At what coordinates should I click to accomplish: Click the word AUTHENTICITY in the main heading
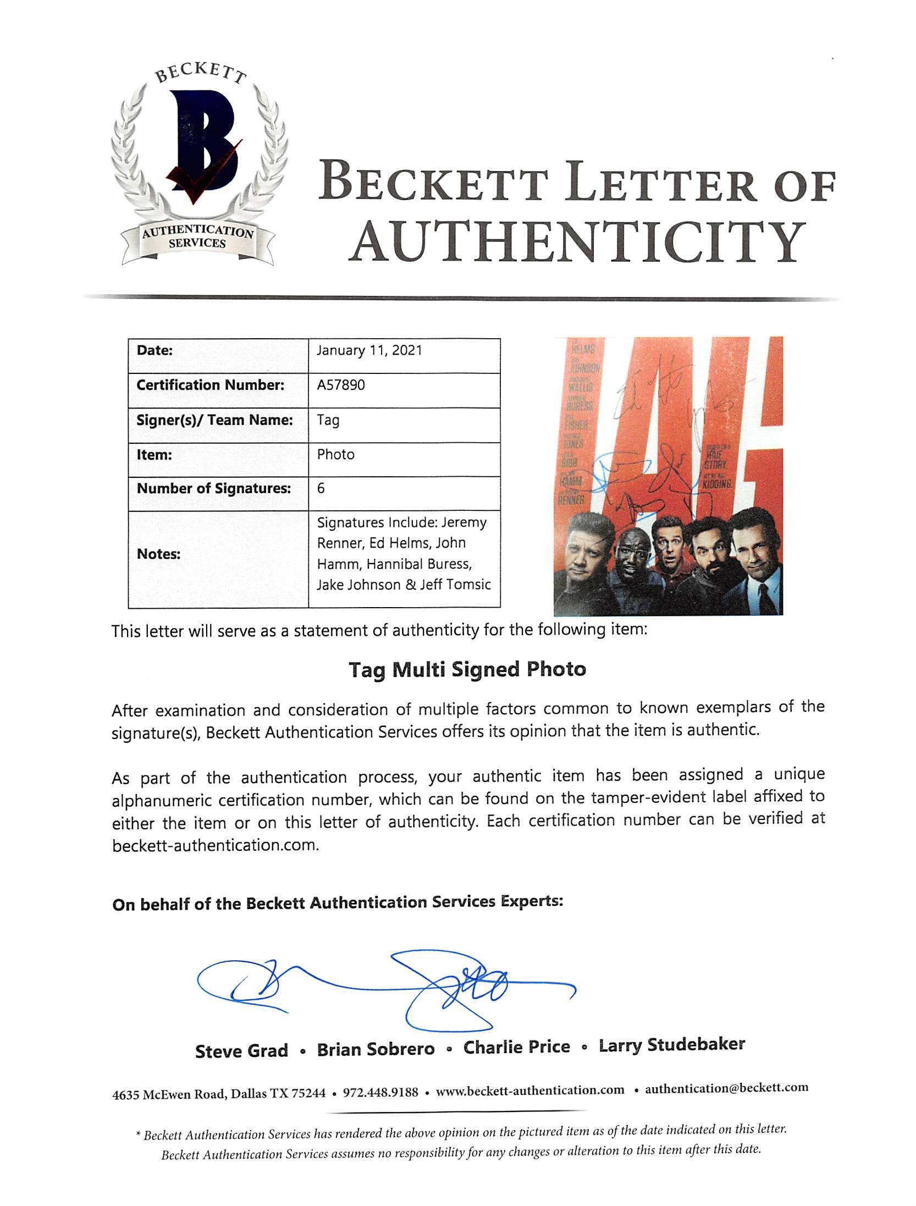577,242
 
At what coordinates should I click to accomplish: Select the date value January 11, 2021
369,351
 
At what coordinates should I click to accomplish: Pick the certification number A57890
341,385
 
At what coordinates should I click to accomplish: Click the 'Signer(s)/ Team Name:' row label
214,420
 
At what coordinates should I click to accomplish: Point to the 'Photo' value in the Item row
336,454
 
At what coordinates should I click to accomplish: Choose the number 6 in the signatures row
321,488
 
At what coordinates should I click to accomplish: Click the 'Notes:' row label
158,554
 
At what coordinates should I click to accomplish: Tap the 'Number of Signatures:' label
214,488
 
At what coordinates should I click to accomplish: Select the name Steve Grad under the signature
241,1051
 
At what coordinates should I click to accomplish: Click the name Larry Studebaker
671,1045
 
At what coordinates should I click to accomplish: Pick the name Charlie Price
516,1047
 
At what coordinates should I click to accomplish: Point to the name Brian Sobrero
376,1049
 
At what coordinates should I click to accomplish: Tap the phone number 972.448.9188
380,1092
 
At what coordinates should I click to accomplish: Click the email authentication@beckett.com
726,1088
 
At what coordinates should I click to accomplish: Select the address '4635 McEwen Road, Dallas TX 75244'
219,1094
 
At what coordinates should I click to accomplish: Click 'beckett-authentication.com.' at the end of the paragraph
216,845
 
